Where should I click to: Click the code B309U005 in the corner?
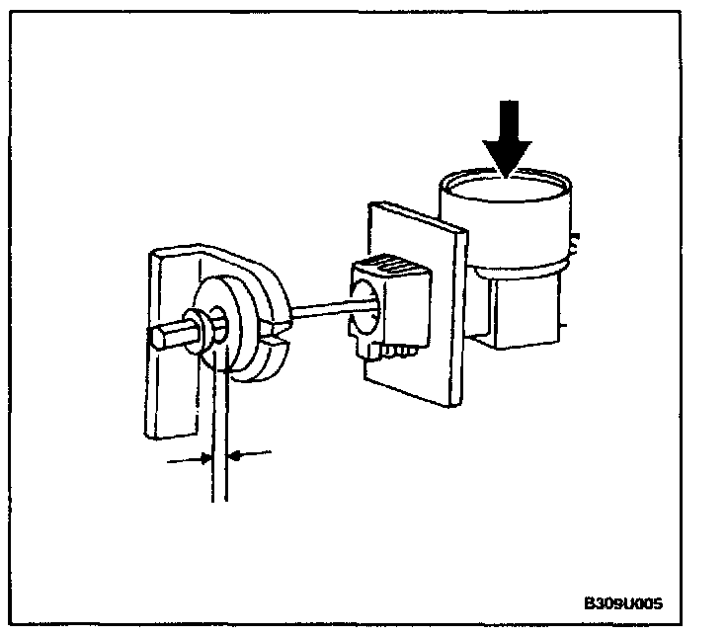[x=622, y=602]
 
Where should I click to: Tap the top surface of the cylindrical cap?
[x=506, y=188]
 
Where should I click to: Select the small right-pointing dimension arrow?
[x=188, y=458]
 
